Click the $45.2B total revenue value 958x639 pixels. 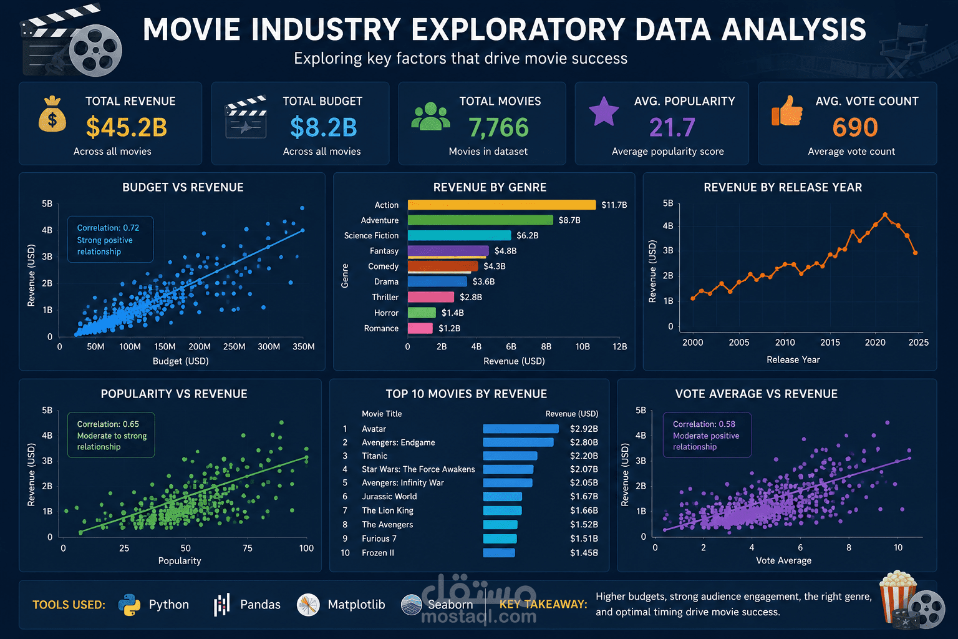[x=127, y=127]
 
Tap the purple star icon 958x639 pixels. [x=604, y=111]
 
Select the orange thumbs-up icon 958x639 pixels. [x=787, y=111]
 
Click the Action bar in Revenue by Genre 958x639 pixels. [x=501, y=205]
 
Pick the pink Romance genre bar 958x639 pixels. [x=420, y=328]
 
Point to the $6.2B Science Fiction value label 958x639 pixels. [x=527, y=235]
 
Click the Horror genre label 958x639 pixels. [x=386, y=313]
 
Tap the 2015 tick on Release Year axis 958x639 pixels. [x=830, y=343]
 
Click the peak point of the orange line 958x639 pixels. [x=885, y=215]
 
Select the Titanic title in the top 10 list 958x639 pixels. [x=375, y=456]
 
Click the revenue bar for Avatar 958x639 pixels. [x=521, y=429]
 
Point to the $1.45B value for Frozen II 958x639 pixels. [x=584, y=552]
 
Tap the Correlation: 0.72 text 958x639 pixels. [x=108, y=228]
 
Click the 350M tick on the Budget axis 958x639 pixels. [x=303, y=346]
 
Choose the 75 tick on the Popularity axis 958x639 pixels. [x=247, y=548]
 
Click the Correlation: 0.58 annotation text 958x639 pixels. [x=704, y=424]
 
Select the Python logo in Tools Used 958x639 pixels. [x=130, y=605]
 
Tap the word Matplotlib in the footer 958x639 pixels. [x=356, y=604]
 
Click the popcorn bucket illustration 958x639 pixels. [x=898, y=595]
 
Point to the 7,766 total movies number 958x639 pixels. [x=499, y=127]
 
